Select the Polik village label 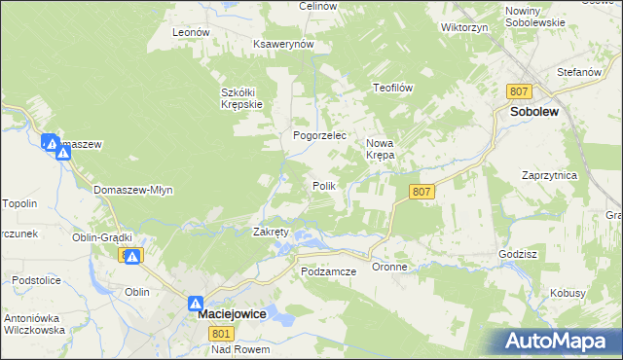coord(323,186)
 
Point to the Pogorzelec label coord(320,136)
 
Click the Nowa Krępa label coord(380,148)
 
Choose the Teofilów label coord(394,88)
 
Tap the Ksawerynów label coord(282,45)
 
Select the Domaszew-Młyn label coord(133,190)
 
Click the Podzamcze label coord(329,271)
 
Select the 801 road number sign coord(221,334)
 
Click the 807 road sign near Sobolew coord(519,90)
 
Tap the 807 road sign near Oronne coord(421,192)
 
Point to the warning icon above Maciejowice coord(196,304)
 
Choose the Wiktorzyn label coord(463,27)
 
